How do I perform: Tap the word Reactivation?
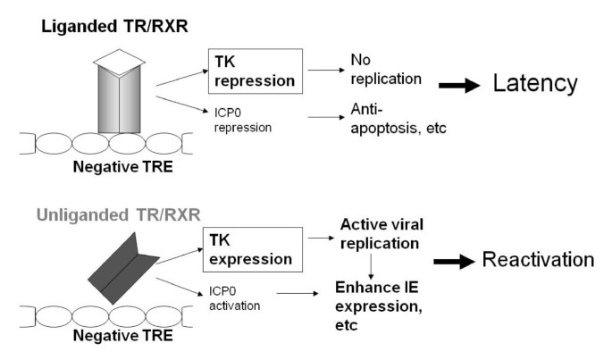click(x=536, y=261)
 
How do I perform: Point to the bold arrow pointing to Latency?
click(x=458, y=85)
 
